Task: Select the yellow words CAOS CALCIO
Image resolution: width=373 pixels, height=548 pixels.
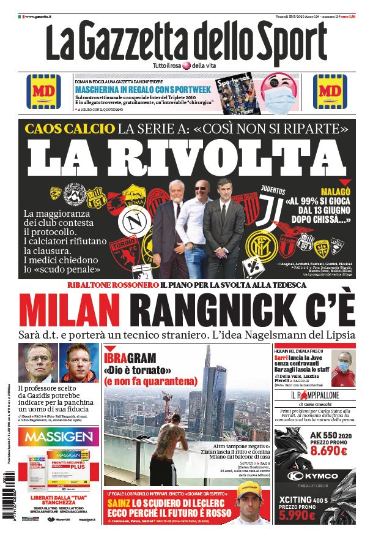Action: click(70, 129)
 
